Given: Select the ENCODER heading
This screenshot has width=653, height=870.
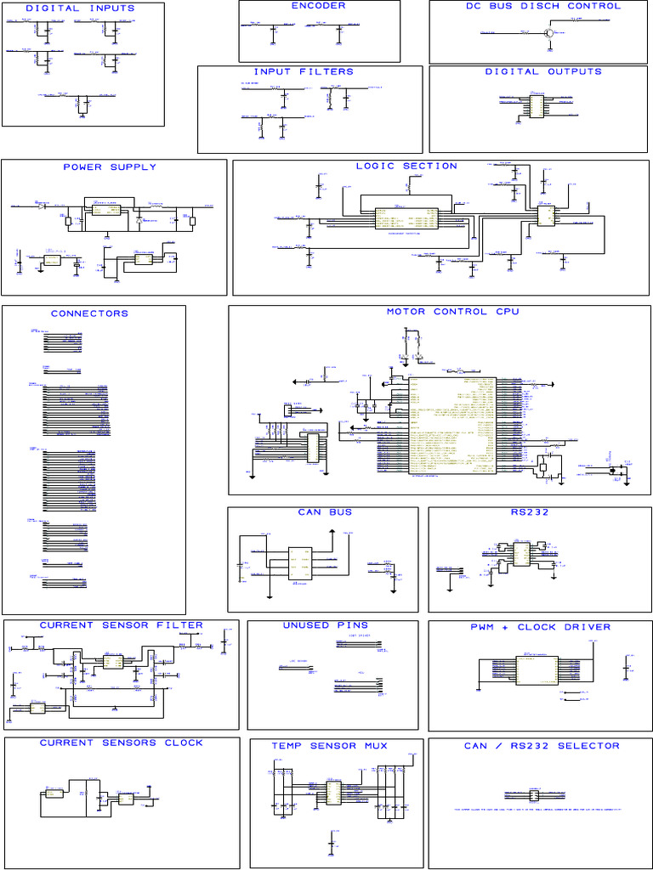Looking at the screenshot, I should click(x=318, y=6).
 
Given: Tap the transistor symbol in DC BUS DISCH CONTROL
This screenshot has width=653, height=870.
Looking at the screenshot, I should click(x=548, y=33).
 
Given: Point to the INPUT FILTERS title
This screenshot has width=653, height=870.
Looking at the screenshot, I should click(x=304, y=72).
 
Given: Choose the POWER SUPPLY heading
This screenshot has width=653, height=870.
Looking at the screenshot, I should click(x=110, y=167).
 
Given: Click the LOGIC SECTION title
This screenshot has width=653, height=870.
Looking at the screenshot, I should click(x=406, y=167).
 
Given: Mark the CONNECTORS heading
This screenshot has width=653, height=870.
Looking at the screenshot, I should click(x=89, y=314).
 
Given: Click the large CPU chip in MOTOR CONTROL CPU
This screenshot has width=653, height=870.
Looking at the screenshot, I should click(x=451, y=425).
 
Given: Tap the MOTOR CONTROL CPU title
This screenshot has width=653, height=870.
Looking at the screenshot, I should click(x=452, y=312).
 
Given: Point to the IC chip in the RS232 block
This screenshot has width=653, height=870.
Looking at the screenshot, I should click(x=520, y=554).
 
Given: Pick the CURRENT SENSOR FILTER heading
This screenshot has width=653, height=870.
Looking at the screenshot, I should click(x=122, y=625).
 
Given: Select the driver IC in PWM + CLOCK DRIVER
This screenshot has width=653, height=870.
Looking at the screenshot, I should click(x=536, y=670).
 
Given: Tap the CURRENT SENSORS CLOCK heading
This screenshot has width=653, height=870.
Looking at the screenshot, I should click(x=122, y=743).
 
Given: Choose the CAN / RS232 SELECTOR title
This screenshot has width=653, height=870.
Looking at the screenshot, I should click(x=542, y=746).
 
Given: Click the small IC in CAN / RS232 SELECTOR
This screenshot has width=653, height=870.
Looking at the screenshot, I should click(x=534, y=796).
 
